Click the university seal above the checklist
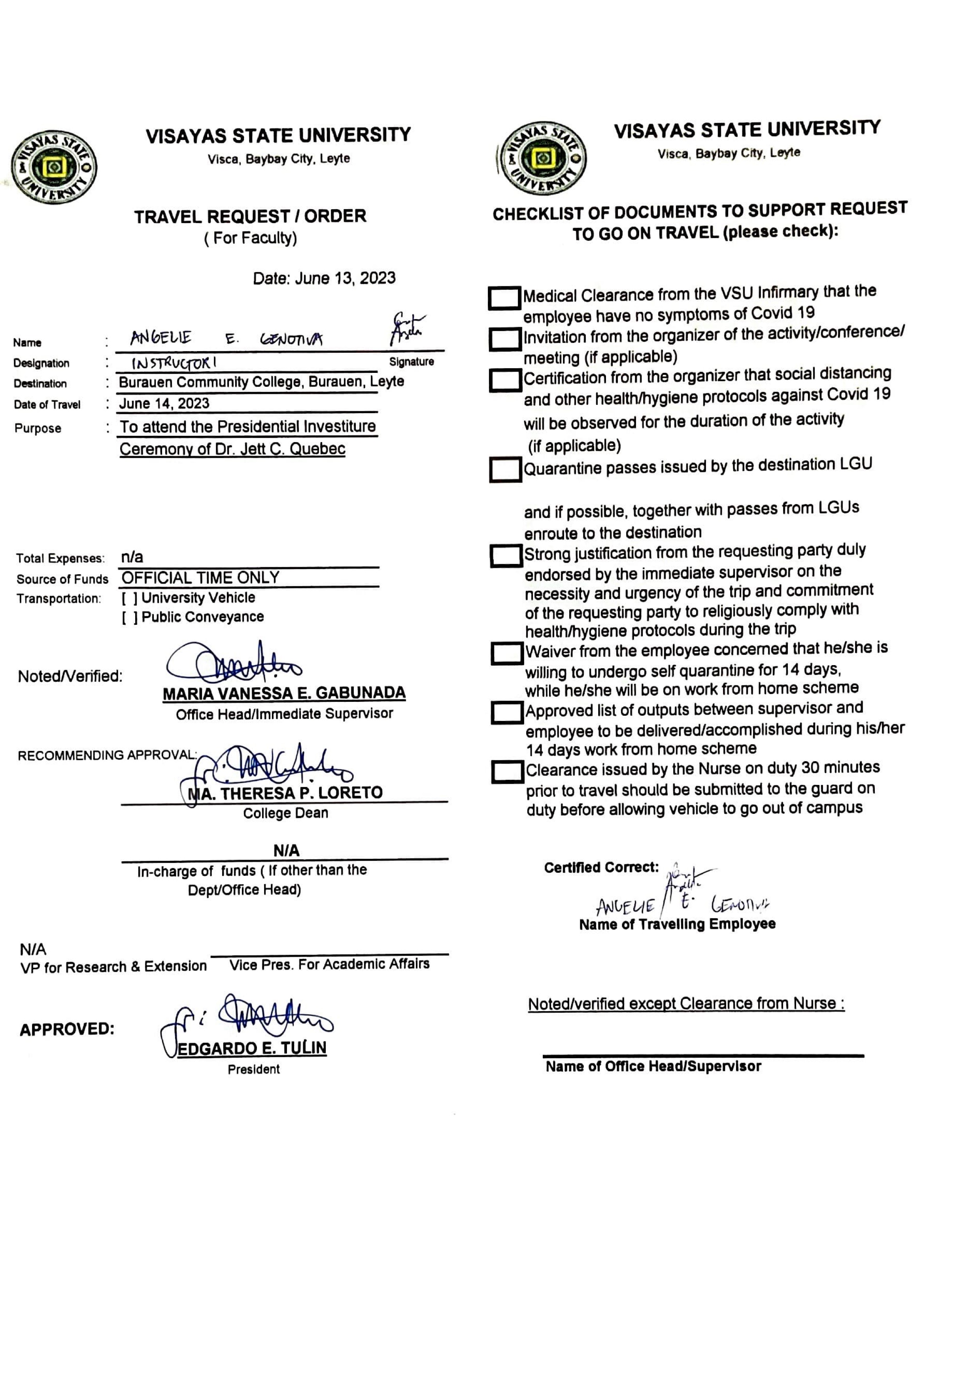click(542, 159)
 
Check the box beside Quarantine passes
click(505, 470)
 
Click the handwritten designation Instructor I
click(175, 363)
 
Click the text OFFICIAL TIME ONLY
click(200, 578)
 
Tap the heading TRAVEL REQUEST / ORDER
click(250, 216)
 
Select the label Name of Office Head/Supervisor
click(653, 1066)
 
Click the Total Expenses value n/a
click(132, 557)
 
